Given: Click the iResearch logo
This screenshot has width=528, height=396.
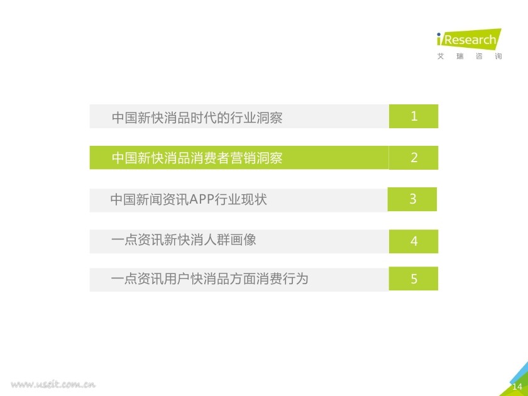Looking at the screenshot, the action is coord(469,40).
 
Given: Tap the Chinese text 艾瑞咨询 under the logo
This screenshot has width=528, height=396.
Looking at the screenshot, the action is coord(470,56).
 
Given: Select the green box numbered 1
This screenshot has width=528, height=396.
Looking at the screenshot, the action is coord(414,116).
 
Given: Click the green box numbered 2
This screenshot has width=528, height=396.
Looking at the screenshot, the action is coord(414,158).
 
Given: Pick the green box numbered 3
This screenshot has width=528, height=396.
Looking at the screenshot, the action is coord(412,199).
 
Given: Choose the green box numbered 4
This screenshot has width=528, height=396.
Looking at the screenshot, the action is coord(414,241).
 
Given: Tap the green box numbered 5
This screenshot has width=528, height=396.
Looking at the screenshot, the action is coord(414,278).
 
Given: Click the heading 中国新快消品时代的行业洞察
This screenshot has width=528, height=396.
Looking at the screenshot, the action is coord(197,118).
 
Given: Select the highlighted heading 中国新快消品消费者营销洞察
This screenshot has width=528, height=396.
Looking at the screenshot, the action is coord(197,158).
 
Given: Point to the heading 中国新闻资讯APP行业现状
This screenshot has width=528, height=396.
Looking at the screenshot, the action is coord(189,199).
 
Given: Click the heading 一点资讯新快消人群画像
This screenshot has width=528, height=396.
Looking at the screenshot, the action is coord(184,239).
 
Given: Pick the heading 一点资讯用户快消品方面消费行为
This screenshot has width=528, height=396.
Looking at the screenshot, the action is coord(209,279).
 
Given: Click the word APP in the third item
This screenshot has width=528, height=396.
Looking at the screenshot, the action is coord(202,199).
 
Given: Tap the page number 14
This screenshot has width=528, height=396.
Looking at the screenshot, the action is coord(517,386).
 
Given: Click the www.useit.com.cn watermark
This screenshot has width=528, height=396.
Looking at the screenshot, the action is coord(53,384).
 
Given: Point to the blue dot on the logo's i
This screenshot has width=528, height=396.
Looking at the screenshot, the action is coord(439,35).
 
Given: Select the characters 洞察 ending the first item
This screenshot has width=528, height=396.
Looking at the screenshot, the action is coord(270,118).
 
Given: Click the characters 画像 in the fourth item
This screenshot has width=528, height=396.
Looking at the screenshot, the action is coord(243,239).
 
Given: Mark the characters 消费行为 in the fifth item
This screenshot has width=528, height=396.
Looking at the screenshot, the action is coord(282,279).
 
